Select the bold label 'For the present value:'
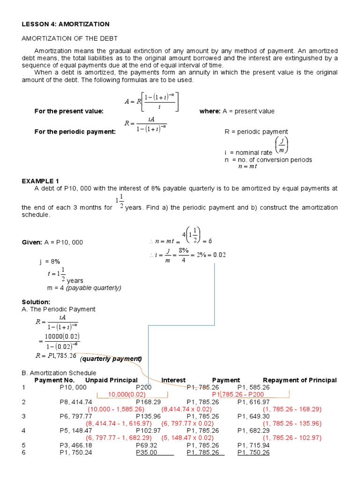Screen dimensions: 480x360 pyautogui.click(x=69, y=111)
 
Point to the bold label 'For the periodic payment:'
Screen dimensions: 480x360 pyautogui.click(x=75, y=132)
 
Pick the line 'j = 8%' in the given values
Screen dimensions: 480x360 pyautogui.click(x=50, y=261)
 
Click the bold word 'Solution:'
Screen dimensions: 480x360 pyautogui.click(x=36, y=302)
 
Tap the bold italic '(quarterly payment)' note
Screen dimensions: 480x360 pyautogui.click(x=111, y=359)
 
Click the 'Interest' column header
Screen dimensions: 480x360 pyautogui.click(x=173, y=380)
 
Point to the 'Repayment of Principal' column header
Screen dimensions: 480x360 pyautogui.click(x=300, y=380)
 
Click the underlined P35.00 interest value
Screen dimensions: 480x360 pyautogui.click(x=146, y=452)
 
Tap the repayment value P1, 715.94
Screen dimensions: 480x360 pyautogui.click(x=253, y=445)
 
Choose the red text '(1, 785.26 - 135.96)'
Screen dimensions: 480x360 pyautogui.click(x=292, y=423)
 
